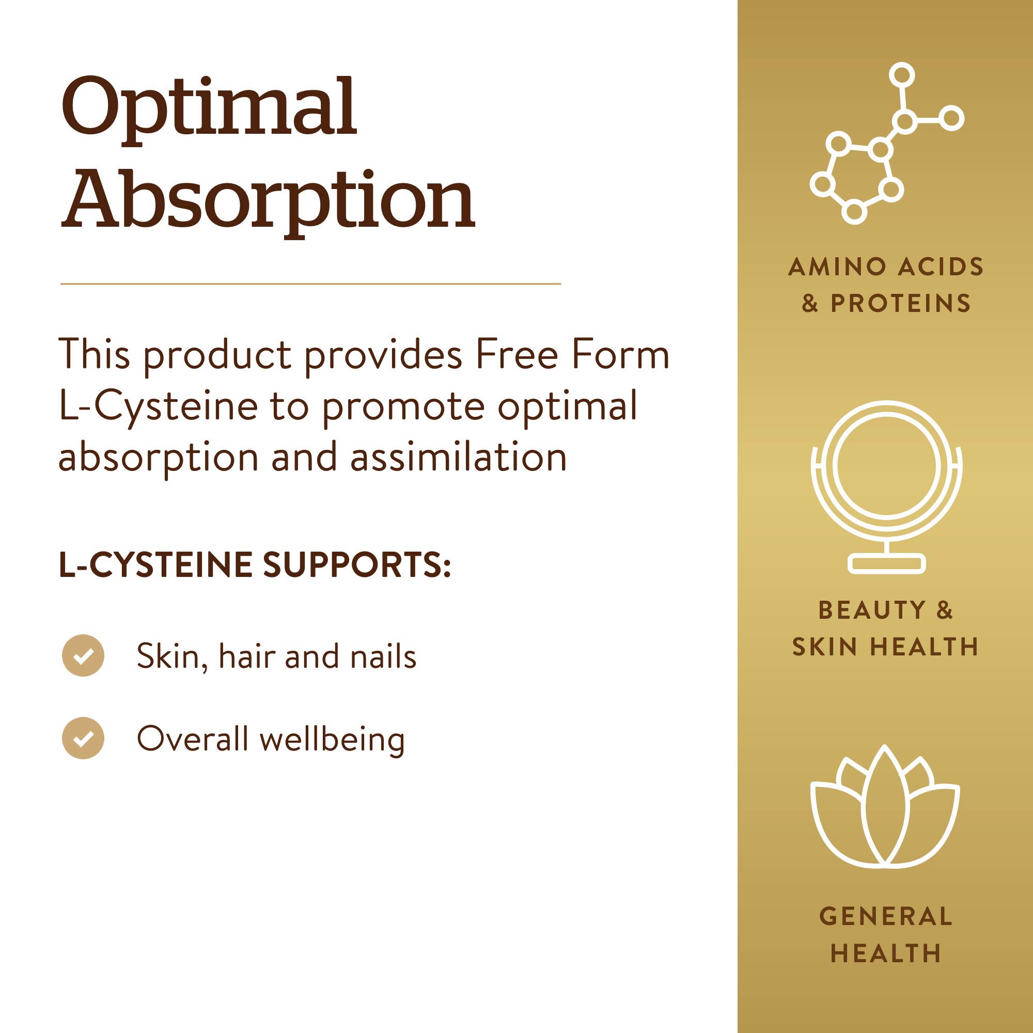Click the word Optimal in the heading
(x=209, y=109)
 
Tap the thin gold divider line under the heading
(x=310, y=284)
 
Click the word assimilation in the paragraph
(x=458, y=458)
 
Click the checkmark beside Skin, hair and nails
(x=83, y=655)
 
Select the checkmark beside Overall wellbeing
(x=83, y=739)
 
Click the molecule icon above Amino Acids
(x=887, y=143)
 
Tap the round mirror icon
(x=886, y=487)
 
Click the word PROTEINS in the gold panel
(x=900, y=303)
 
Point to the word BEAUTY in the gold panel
(x=871, y=610)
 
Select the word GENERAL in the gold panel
(x=886, y=916)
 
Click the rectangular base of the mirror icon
(x=886, y=564)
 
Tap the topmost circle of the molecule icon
(x=902, y=74)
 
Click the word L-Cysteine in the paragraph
(x=159, y=407)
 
